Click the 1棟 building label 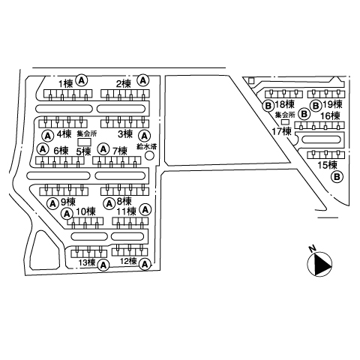pyautogui.click(x=65, y=83)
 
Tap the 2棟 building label pyautogui.click(x=124, y=83)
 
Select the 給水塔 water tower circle pyautogui.click(x=150, y=156)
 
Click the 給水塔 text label pyautogui.click(x=147, y=146)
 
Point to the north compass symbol pyautogui.click(x=319, y=264)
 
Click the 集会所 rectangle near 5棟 pyautogui.click(x=85, y=142)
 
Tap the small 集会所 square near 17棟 pyautogui.click(x=285, y=122)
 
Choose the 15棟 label pyautogui.click(x=327, y=165)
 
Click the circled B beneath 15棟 pyautogui.click(x=337, y=177)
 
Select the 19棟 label pyautogui.click(x=332, y=104)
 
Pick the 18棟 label pyautogui.click(x=285, y=104)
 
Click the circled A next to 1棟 pyautogui.click(x=82, y=80)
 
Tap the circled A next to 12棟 pyautogui.click(x=145, y=264)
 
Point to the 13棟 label pyautogui.click(x=87, y=262)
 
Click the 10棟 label pyautogui.click(x=85, y=211)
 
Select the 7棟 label pyautogui.click(x=120, y=151)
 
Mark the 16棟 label pyautogui.click(x=330, y=115)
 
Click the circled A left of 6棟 pyautogui.click(x=43, y=149)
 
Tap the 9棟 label pyautogui.click(x=68, y=202)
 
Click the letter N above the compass pyautogui.click(x=312, y=249)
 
